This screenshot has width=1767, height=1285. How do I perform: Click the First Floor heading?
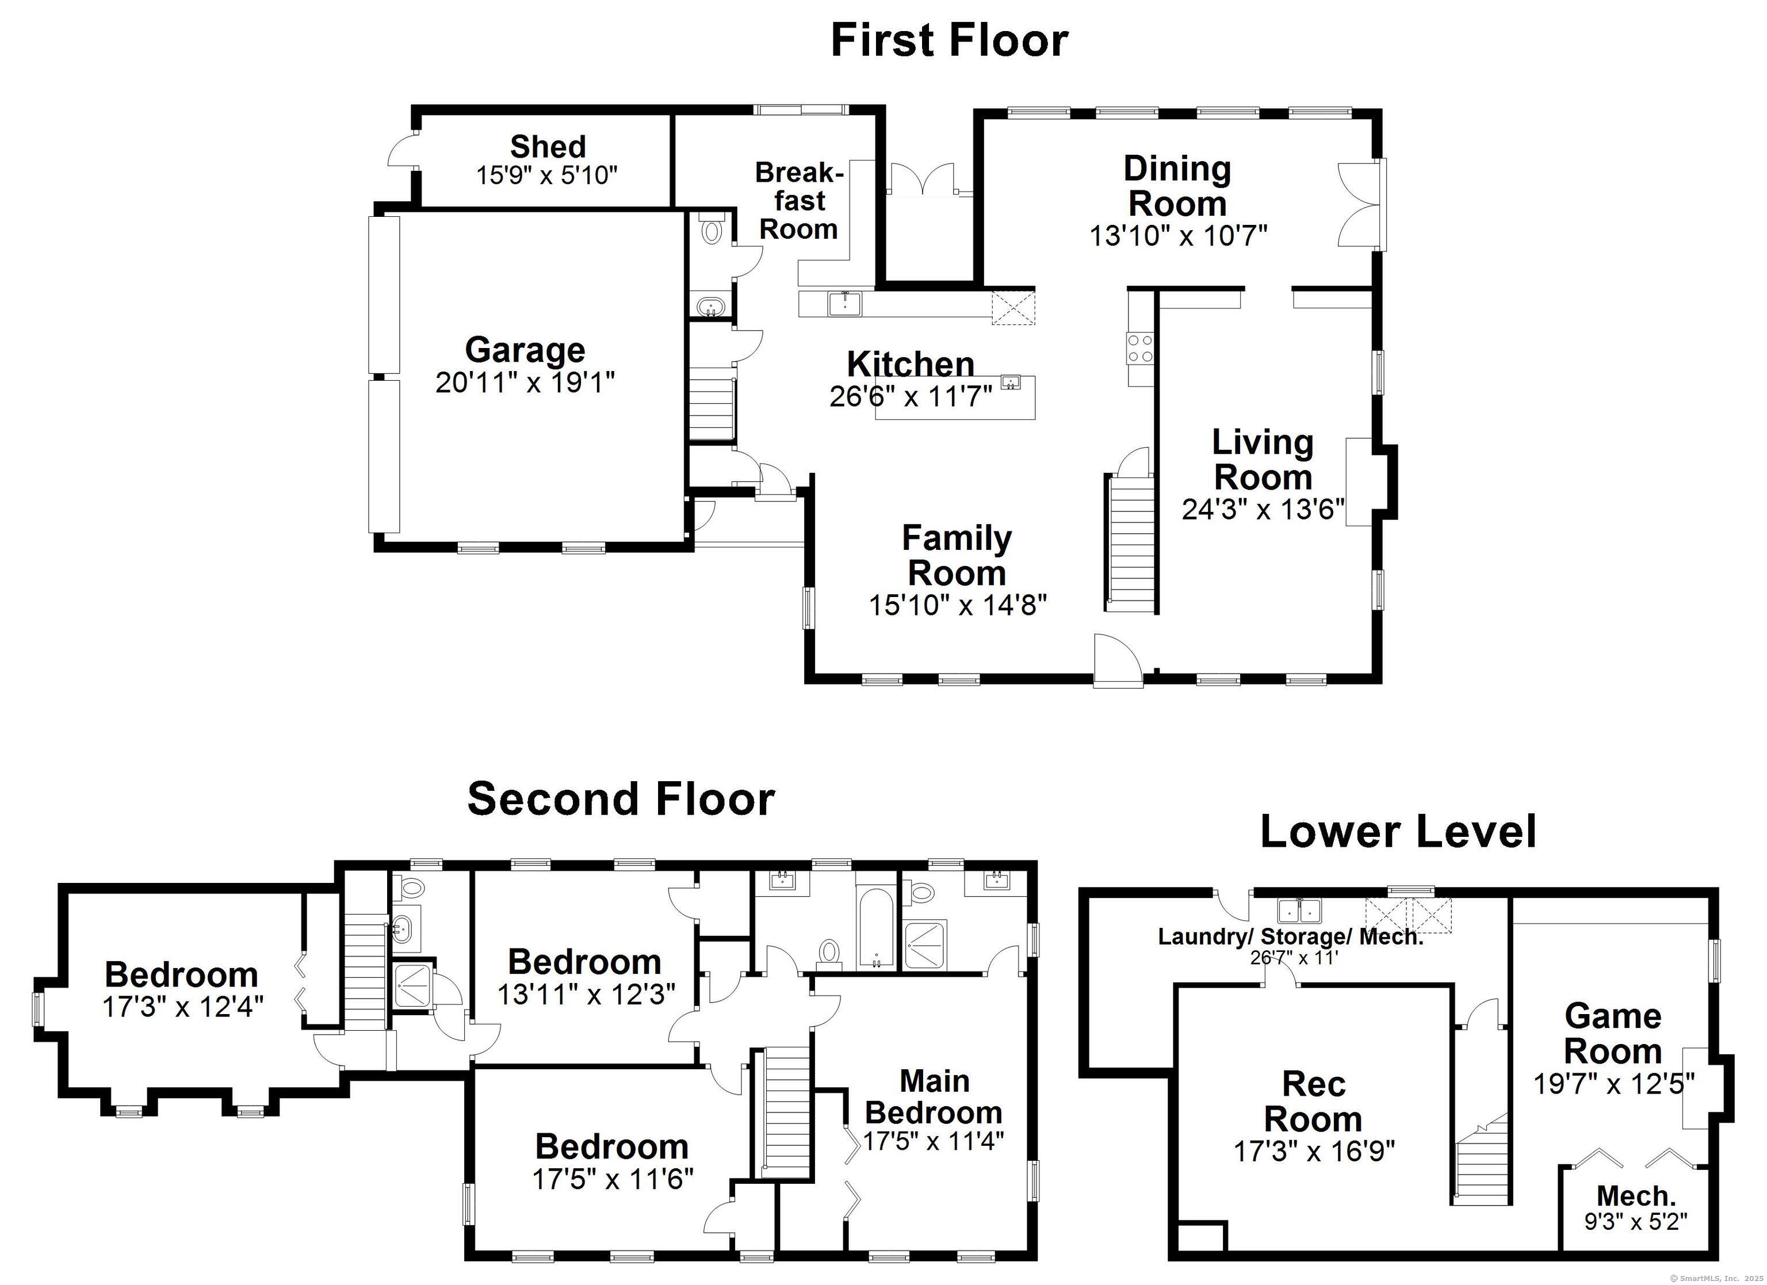pos(949,40)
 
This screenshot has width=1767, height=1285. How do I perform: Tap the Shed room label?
pos(548,147)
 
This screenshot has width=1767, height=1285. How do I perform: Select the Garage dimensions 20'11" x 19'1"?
pos(525,383)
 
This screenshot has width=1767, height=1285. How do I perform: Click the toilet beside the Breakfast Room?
pos(712,230)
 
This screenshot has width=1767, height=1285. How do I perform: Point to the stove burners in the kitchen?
pos(1140,347)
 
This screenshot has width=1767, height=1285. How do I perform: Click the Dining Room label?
pos(1177,187)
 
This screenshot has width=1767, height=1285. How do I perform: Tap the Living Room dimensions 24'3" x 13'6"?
pos(1263,509)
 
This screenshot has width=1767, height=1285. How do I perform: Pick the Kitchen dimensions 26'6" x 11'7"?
pos(911,397)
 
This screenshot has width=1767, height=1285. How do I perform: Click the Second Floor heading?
pos(621,799)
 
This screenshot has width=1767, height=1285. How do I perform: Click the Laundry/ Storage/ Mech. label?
pos(1291,936)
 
